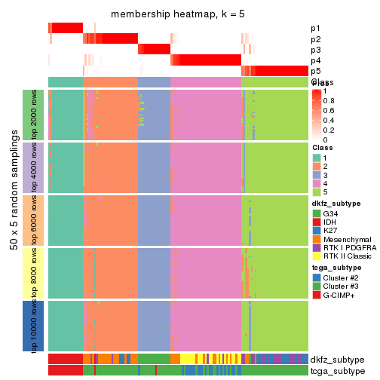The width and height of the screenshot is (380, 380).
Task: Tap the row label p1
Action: coord(314,28)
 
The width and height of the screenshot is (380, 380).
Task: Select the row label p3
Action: coord(314,50)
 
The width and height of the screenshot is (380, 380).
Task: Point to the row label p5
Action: coord(314,71)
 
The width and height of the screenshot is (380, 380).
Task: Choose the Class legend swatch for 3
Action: coord(317,175)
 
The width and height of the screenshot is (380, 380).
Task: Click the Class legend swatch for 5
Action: coord(317,193)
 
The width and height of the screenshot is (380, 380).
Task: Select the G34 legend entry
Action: coord(317,213)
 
